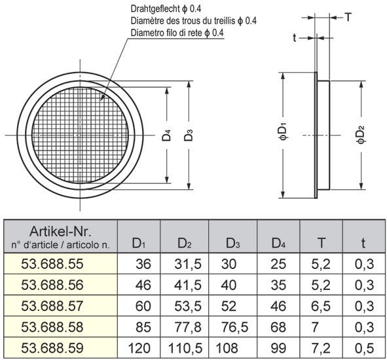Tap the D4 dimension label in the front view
click(x=167, y=136)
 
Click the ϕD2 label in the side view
click(x=360, y=135)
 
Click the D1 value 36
click(x=143, y=264)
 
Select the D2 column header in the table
click(x=185, y=244)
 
